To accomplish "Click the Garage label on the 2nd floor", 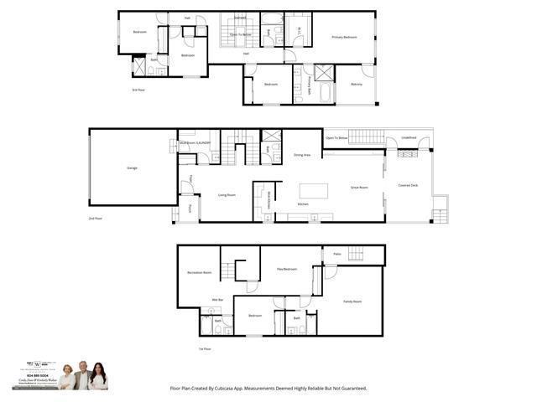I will click(132, 168).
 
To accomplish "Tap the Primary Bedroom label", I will click(344, 38).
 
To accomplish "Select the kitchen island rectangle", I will click(314, 190).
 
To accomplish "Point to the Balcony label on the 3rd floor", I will click(356, 84).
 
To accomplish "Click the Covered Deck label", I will click(409, 185).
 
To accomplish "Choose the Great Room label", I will click(359, 188).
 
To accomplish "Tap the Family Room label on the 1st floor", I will click(352, 301).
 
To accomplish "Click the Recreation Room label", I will click(200, 272).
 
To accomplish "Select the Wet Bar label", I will click(216, 299).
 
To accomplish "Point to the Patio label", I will click(336, 254).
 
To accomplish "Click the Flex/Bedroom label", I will click(287, 269).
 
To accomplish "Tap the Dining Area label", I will click(302, 155).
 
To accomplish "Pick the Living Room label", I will click(227, 195).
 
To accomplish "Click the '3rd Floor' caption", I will click(138, 90).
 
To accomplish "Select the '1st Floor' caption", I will click(204, 348).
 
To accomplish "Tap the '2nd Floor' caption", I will click(96, 218).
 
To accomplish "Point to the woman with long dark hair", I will click(98, 378).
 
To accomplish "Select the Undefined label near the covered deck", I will click(409, 137).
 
